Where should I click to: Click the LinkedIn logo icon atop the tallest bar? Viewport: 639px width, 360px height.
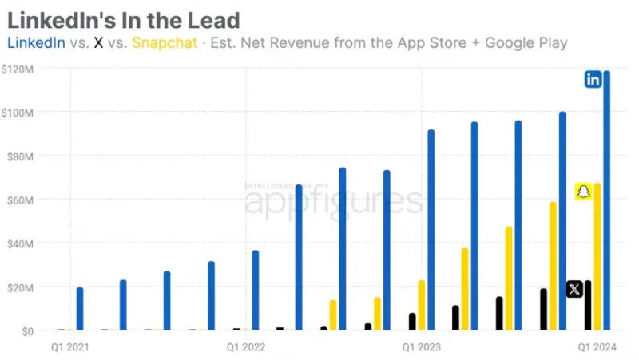pos(593,79)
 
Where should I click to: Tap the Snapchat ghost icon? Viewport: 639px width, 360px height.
pos(584,192)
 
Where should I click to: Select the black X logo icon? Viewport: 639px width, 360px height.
pos(574,289)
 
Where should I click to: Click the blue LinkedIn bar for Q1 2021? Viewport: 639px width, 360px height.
pos(80,309)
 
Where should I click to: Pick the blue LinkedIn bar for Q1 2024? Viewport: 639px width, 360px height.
pos(606,200)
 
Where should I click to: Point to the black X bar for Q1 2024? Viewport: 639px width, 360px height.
pos(588,305)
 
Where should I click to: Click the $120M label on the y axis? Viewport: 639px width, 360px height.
pos(18,69)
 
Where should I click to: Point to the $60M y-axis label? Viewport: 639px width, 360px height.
pos(20,200)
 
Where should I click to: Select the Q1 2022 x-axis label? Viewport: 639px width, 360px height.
pos(246,347)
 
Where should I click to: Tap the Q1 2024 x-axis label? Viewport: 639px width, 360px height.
pos(597,347)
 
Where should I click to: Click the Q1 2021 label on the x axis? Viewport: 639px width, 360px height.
pos(70,347)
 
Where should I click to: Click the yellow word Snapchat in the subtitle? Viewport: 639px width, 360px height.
pos(164,42)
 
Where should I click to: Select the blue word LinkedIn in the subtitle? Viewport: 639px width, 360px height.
pos(36,42)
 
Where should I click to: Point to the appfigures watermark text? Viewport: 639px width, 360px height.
pos(331,203)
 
